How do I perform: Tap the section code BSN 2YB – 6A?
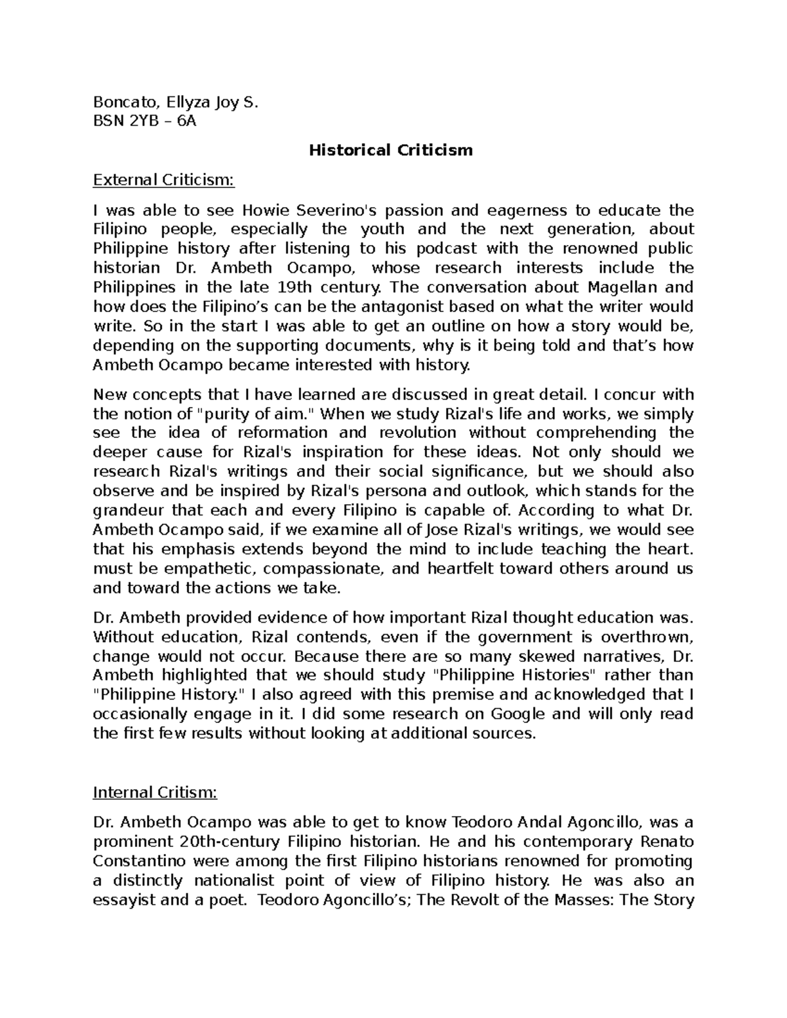click(144, 121)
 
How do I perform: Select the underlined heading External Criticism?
click(163, 180)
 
